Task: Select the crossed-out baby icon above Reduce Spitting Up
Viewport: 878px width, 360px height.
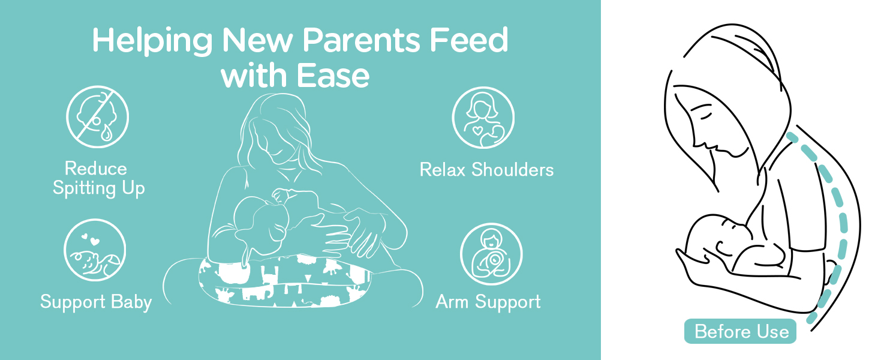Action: (97, 117)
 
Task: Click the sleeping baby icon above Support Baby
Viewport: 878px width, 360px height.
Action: (95, 250)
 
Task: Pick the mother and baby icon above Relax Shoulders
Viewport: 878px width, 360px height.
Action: (483, 118)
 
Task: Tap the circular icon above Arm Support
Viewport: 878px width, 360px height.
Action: (491, 254)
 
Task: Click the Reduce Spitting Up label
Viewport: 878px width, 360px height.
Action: (98, 178)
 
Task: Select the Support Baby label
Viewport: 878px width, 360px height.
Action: (96, 302)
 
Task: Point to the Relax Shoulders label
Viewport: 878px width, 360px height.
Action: (486, 170)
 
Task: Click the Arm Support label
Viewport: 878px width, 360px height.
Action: (488, 302)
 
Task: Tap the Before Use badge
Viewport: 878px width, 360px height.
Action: (741, 331)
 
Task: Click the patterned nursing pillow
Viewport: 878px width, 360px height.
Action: (284, 280)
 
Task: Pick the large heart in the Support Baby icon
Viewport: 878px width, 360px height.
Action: (95, 241)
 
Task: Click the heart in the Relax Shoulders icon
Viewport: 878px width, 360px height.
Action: (477, 130)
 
